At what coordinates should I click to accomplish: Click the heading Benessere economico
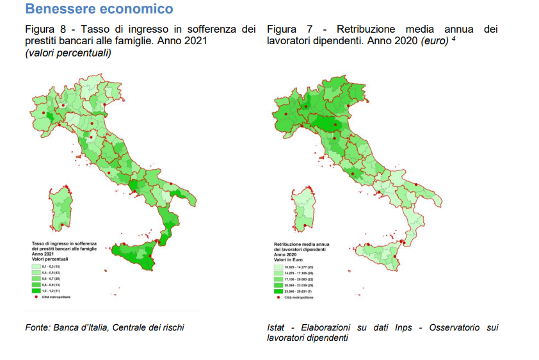[x=99, y=9]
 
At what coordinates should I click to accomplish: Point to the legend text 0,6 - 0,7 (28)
[x=51, y=278]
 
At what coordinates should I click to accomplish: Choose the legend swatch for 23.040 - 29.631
[x=278, y=291]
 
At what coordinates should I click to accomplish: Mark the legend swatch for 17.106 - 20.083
[x=278, y=278]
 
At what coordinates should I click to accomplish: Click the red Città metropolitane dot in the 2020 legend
[x=278, y=297]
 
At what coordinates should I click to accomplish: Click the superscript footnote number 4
[x=453, y=38]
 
